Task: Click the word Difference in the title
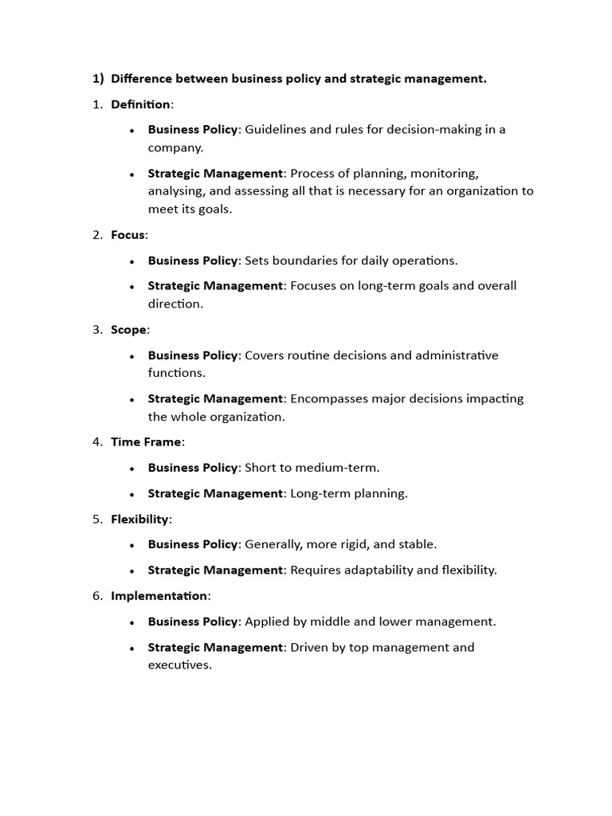[x=142, y=78]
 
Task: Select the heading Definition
[x=140, y=104]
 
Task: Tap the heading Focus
[x=128, y=234]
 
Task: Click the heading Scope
[x=128, y=329]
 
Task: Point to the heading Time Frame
[x=146, y=441]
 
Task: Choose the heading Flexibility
[x=139, y=519]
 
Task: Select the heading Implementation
[x=159, y=595]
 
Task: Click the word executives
[x=179, y=665]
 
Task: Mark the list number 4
[x=96, y=441]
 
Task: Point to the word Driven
[x=308, y=647]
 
